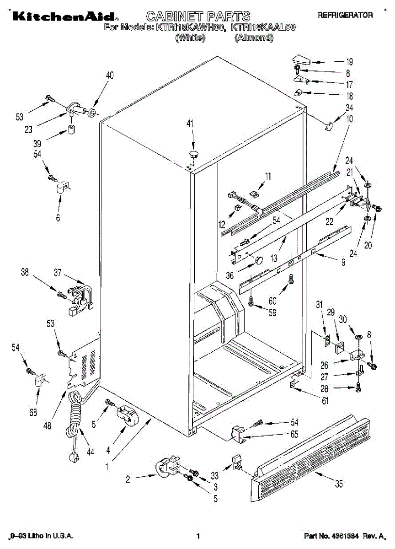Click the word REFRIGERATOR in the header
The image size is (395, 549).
[x=345, y=15]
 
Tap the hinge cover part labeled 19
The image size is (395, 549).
[x=301, y=59]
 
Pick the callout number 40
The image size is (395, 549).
[x=110, y=75]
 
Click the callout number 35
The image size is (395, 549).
[x=338, y=484]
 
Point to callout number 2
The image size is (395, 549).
[x=128, y=479]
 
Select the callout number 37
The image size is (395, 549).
[x=58, y=273]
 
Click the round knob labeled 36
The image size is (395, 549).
[x=259, y=260]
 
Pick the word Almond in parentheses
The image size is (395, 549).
[x=254, y=38]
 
